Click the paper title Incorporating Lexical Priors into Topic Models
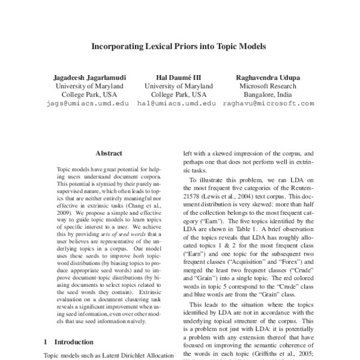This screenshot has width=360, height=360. pyautogui.click(x=178, y=45)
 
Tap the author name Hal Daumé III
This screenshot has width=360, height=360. pyautogui.click(x=178, y=77)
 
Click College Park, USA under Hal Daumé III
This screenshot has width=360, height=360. pyautogui.click(x=178, y=94)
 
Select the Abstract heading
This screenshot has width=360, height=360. pyautogui.click(x=109, y=154)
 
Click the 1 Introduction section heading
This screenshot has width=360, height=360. pyautogui.click(x=69, y=342)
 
